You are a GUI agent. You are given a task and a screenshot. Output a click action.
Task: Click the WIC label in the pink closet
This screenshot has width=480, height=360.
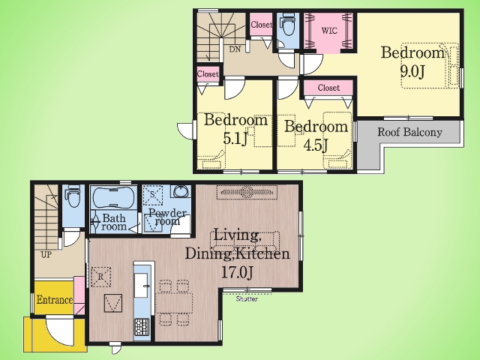click(329, 31)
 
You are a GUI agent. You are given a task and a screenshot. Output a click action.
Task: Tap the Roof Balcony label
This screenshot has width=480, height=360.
click(409, 132)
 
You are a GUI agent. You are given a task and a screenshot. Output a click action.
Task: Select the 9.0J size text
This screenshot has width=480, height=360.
click(412, 72)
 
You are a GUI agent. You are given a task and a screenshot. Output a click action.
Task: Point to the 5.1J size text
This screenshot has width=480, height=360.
click(235, 138)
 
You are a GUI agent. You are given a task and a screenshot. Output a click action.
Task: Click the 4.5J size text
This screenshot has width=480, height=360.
click(316, 145)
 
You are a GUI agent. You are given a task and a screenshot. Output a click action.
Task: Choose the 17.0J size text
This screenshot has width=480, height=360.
click(237, 272)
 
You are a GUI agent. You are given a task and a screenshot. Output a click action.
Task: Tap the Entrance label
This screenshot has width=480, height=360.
click(55, 300)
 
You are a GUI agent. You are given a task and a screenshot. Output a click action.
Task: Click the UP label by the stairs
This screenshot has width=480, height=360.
click(46, 255)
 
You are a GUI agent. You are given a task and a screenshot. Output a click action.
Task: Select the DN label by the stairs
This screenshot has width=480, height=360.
click(235, 49)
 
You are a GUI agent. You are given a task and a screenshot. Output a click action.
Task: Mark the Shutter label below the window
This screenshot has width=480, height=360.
click(247, 298)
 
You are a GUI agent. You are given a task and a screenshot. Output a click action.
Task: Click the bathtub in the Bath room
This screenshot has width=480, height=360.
click(113, 197)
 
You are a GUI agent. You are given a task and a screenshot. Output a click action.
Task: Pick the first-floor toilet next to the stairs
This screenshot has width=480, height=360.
click(72, 197)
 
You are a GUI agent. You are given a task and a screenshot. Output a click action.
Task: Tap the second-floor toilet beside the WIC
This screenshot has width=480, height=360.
click(286, 27)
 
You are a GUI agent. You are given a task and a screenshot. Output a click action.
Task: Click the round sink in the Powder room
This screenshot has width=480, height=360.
click(181, 192)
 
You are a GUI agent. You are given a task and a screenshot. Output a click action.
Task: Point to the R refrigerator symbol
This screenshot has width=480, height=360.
click(100, 277)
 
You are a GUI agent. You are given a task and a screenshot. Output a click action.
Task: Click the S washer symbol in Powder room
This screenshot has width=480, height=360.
click(152, 195)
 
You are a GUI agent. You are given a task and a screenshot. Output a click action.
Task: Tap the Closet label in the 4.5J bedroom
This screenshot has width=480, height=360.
click(328, 88)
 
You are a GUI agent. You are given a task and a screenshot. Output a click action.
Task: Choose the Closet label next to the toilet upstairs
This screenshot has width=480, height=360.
click(261, 25)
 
